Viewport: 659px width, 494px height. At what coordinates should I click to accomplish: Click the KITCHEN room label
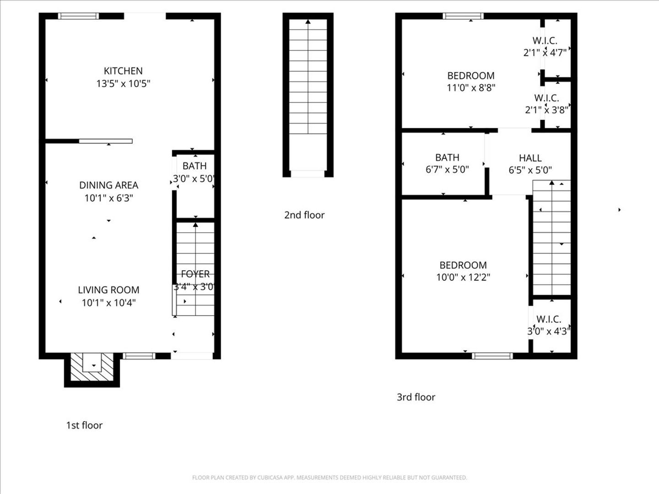coord(123,71)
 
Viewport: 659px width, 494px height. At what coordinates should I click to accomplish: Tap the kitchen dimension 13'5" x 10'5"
coord(123,84)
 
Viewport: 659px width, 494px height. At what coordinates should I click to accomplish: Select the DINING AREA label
coord(108,185)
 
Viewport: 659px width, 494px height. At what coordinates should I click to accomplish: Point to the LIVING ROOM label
coord(108,290)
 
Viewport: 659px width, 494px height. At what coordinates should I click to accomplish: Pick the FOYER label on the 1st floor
coord(195,274)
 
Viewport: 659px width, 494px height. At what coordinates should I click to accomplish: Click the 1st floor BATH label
coord(194,166)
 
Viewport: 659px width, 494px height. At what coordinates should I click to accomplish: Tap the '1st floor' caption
coord(84,425)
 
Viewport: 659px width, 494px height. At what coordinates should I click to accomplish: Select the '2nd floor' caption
coord(304,215)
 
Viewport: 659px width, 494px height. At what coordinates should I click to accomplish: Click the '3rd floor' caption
coord(416,397)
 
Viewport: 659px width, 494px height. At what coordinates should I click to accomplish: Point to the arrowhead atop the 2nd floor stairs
coord(308,21)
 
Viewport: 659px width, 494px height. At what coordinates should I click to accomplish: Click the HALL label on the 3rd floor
coord(530,158)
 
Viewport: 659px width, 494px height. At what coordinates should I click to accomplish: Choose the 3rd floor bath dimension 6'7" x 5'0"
coord(447,170)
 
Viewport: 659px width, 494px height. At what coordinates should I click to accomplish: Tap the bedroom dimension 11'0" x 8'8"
coord(471,88)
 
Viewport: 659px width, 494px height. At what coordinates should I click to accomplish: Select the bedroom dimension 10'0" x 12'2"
coord(463,278)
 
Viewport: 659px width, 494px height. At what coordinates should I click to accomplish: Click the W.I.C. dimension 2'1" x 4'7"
coord(545,53)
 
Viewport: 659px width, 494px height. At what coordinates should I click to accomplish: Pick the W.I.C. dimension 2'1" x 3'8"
coord(546,110)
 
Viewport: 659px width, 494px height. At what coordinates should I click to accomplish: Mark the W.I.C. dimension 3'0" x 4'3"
coord(549,332)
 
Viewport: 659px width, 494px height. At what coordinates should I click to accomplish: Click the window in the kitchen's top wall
coord(78,16)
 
